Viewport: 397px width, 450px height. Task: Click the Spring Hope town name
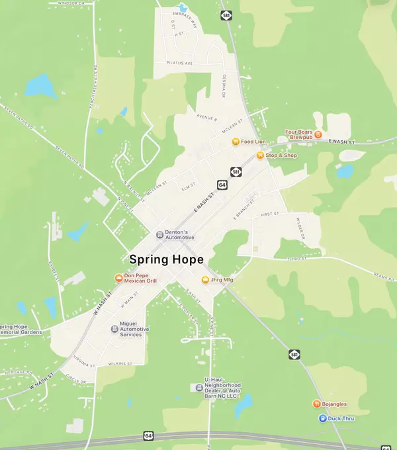167,259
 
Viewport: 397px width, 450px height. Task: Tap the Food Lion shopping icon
235,141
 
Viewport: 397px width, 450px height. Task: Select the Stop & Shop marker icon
260,156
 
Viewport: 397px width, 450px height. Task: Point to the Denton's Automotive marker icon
159,235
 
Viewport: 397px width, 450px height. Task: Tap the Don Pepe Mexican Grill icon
118,278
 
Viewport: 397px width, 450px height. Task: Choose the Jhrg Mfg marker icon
205,280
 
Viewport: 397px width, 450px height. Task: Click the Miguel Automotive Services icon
114,329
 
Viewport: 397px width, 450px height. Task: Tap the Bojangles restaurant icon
316,404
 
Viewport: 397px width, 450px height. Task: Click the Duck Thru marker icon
322,418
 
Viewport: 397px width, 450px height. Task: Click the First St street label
271,214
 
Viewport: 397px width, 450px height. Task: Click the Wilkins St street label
121,363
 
